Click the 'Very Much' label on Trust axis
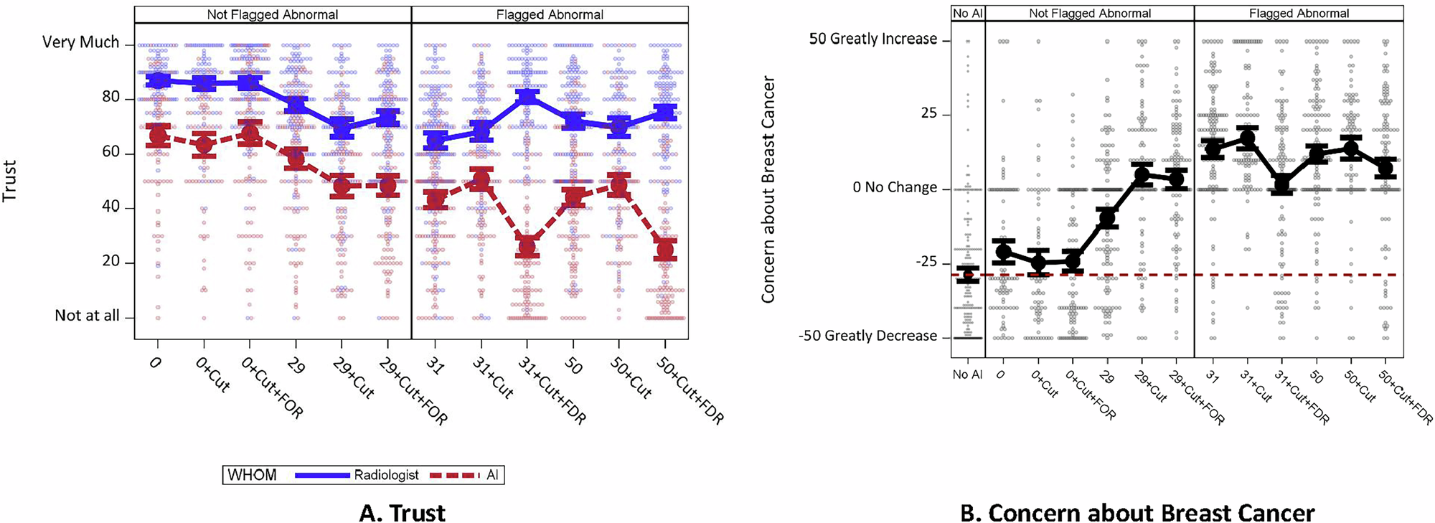click(x=80, y=42)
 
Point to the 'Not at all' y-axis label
click(x=87, y=316)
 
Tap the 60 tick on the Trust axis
click(x=110, y=153)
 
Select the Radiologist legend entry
click(x=357, y=475)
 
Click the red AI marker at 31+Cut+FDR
click(x=527, y=248)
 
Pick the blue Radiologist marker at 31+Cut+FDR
click(x=527, y=97)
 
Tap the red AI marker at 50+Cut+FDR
click(x=666, y=250)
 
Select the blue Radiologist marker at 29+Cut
click(x=342, y=128)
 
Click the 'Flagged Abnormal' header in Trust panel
click(x=550, y=14)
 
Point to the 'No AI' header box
click(x=967, y=14)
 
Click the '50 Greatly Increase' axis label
click(x=872, y=39)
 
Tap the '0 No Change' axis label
click(x=895, y=188)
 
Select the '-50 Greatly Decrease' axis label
click(x=867, y=336)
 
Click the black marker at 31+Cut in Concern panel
click(x=1247, y=138)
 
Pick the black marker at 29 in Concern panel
click(x=1108, y=217)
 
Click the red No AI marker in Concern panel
click(x=967, y=275)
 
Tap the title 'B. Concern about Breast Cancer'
click(x=1137, y=513)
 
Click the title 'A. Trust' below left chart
click(x=402, y=513)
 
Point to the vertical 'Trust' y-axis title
click(x=10, y=181)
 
